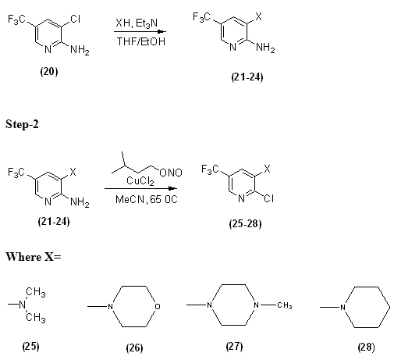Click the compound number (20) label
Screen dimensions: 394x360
coord(49,71)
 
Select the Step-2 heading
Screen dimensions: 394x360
coord(22,124)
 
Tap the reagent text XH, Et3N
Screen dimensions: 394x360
coord(137,23)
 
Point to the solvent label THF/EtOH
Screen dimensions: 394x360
coord(141,41)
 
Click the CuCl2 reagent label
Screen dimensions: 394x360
coord(140,181)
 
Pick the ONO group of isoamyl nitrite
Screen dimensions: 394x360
coord(171,173)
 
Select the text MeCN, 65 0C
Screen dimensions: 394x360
coord(147,200)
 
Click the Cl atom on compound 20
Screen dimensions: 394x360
coord(76,19)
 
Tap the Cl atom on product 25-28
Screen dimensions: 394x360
coord(269,198)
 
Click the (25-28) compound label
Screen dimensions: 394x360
coord(245,223)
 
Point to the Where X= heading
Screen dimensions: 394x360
coord(34,257)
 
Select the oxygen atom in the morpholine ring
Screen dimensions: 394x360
coord(158,306)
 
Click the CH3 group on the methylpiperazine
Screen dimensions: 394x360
coord(285,305)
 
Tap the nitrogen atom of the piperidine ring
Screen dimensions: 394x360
coord(343,307)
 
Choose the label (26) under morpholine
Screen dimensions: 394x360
coord(134,348)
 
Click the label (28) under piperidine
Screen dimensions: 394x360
coord(366,347)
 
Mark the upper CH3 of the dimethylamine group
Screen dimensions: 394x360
coord(36,292)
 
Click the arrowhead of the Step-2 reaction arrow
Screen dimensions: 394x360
coord(172,188)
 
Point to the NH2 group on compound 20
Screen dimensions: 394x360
coord(80,49)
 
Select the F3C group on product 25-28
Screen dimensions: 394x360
coord(210,169)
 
